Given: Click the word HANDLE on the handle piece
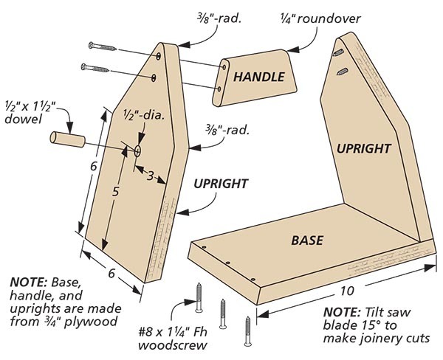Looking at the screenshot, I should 255,76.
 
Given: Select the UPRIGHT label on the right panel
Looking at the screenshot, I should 363,148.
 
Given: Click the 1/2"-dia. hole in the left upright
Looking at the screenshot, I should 139,150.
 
